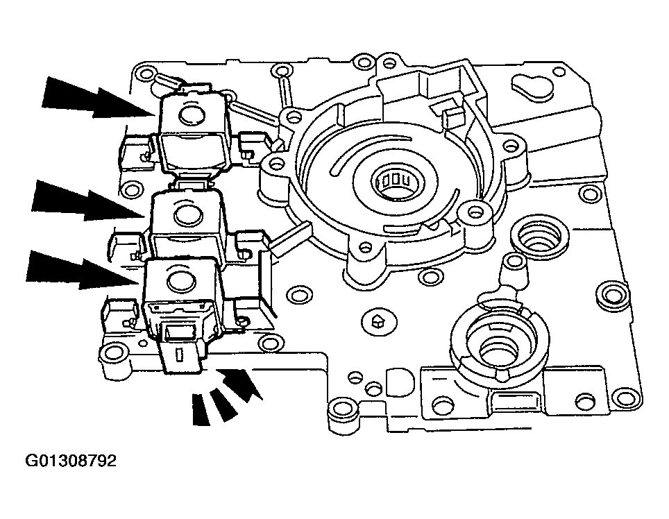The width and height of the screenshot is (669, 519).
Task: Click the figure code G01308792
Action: [71, 461]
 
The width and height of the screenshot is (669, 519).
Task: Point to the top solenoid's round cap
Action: [192, 115]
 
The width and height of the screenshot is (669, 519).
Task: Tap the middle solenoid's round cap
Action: [187, 214]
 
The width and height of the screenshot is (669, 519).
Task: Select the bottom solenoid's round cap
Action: [178, 280]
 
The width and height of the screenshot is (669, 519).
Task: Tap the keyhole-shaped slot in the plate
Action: [531, 85]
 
